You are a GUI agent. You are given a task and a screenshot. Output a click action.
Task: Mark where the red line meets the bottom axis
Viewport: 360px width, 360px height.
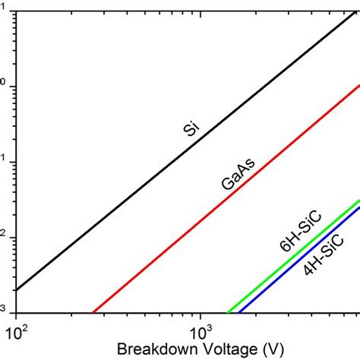[93, 312]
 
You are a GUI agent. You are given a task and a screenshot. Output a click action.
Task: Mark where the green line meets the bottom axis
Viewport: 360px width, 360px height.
[228, 312]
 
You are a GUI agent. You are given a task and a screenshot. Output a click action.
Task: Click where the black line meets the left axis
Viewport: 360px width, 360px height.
[15, 290]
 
